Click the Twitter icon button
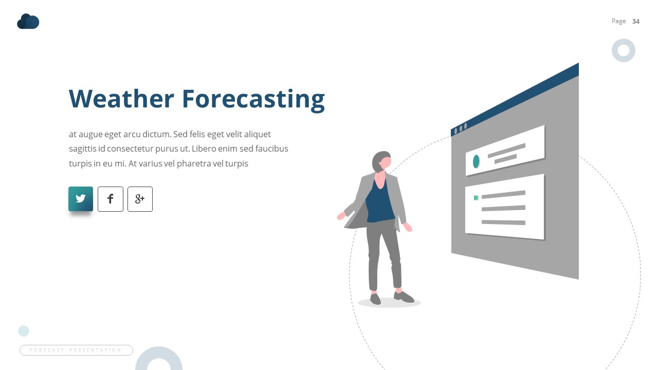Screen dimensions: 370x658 (x=81, y=199)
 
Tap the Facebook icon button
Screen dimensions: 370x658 (x=111, y=199)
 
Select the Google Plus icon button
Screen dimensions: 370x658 (x=140, y=199)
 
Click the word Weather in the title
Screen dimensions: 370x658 (x=121, y=99)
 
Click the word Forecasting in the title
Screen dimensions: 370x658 (x=253, y=99)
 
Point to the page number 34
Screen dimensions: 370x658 (x=636, y=21)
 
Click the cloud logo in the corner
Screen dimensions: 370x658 (x=28, y=22)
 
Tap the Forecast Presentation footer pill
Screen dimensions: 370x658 (x=76, y=350)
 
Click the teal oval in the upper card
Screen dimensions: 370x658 (x=476, y=161)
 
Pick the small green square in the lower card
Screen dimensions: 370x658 (x=476, y=197)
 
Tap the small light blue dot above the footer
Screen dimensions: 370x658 (x=24, y=330)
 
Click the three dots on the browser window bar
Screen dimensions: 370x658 (x=460, y=128)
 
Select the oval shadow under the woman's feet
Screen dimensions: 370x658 (x=389, y=303)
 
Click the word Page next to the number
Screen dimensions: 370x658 (x=618, y=21)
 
